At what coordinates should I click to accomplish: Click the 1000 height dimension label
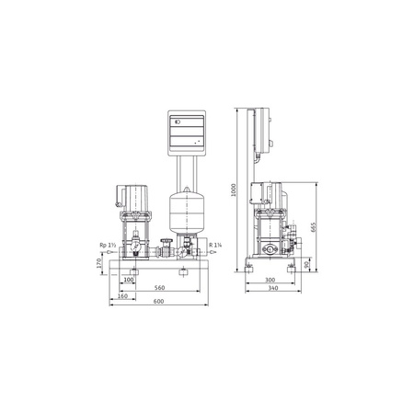[235, 190]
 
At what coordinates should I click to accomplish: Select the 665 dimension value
[314, 227]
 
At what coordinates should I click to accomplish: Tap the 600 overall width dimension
[160, 303]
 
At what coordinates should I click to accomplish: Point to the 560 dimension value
[160, 287]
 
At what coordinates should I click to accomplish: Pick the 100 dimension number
[129, 280]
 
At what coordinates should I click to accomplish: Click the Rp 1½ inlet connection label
[106, 245]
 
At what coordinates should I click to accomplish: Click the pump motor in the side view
[275, 196]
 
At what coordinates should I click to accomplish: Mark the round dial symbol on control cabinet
[178, 120]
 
